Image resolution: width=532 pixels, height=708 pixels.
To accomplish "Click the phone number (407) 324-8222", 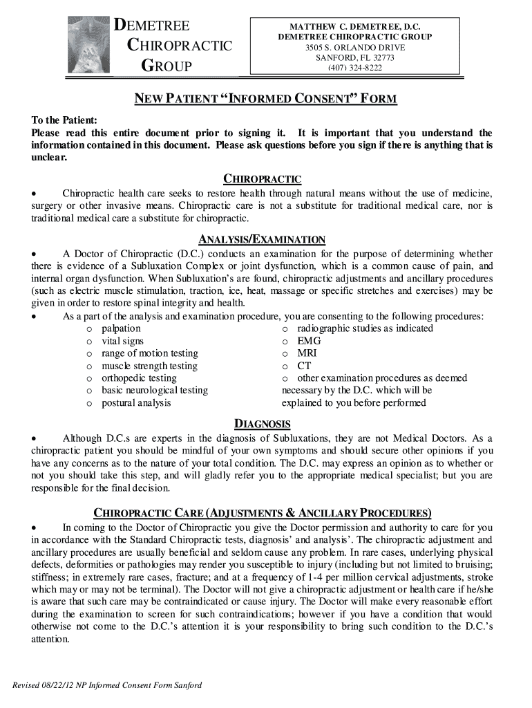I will click(x=355, y=68).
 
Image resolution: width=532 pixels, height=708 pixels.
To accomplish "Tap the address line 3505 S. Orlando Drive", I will click(x=355, y=47).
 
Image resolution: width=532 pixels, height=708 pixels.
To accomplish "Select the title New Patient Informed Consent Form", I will click(x=265, y=99).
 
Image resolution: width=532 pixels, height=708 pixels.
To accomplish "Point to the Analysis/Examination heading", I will click(x=262, y=239).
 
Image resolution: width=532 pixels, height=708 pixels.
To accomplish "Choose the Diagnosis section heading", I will click(x=262, y=424).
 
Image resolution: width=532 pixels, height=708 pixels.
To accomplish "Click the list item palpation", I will click(x=121, y=328).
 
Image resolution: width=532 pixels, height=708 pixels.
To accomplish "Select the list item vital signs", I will click(x=123, y=341).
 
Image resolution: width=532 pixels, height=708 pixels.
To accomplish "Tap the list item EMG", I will click(x=309, y=341).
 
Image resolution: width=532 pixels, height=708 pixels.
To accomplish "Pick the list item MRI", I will click(x=307, y=353).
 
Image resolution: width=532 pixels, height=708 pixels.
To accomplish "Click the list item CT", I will click(x=304, y=366).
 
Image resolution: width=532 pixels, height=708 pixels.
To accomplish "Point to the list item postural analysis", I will click(x=136, y=402).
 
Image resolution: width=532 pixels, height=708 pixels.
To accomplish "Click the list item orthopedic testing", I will click(x=139, y=378).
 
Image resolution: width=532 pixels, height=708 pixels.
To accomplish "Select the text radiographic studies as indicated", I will click(x=365, y=328).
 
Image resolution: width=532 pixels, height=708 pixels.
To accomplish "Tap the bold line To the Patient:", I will click(x=64, y=120).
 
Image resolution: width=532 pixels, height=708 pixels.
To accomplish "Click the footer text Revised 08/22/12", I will click(x=107, y=685).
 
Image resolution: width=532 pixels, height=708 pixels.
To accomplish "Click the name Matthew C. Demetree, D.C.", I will click(x=355, y=26).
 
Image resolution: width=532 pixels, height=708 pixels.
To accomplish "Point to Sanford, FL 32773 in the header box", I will click(x=355, y=57).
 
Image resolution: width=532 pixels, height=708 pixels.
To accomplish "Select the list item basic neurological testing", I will click(x=155, y=390).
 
